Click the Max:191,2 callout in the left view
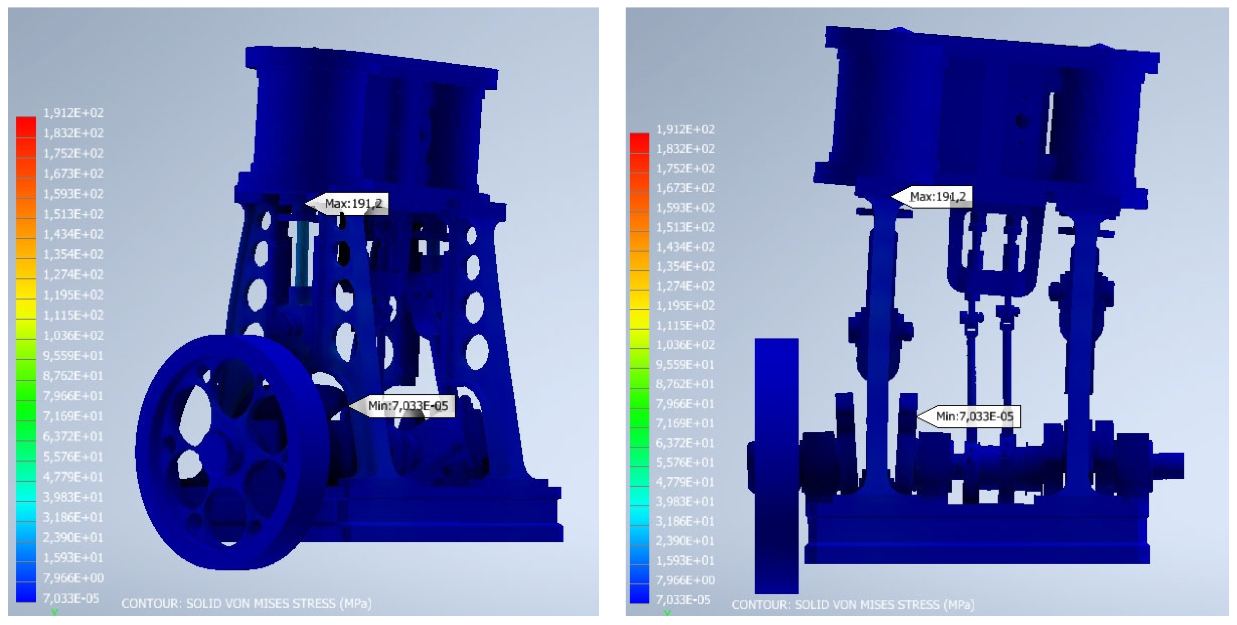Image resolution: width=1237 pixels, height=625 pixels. (x=346, y=203)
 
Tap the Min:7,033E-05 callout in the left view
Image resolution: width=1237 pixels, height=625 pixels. (x=401, y=406)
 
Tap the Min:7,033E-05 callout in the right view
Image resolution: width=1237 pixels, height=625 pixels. (x=968, y=416)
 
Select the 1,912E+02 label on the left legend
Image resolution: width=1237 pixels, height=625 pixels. (x=73, y=113)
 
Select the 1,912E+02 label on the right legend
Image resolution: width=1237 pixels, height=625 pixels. (x=685, y=129)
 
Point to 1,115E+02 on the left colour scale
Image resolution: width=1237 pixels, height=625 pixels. (x=73, y=315)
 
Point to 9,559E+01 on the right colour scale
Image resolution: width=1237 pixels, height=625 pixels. (x=685, y=364)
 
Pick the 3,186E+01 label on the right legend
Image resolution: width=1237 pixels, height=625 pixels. (x=685, y=521)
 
